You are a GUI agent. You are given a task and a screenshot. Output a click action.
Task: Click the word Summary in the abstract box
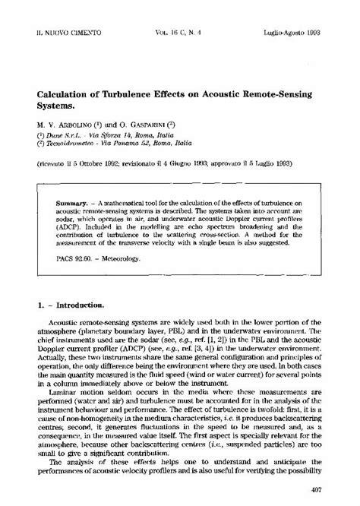72,204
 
